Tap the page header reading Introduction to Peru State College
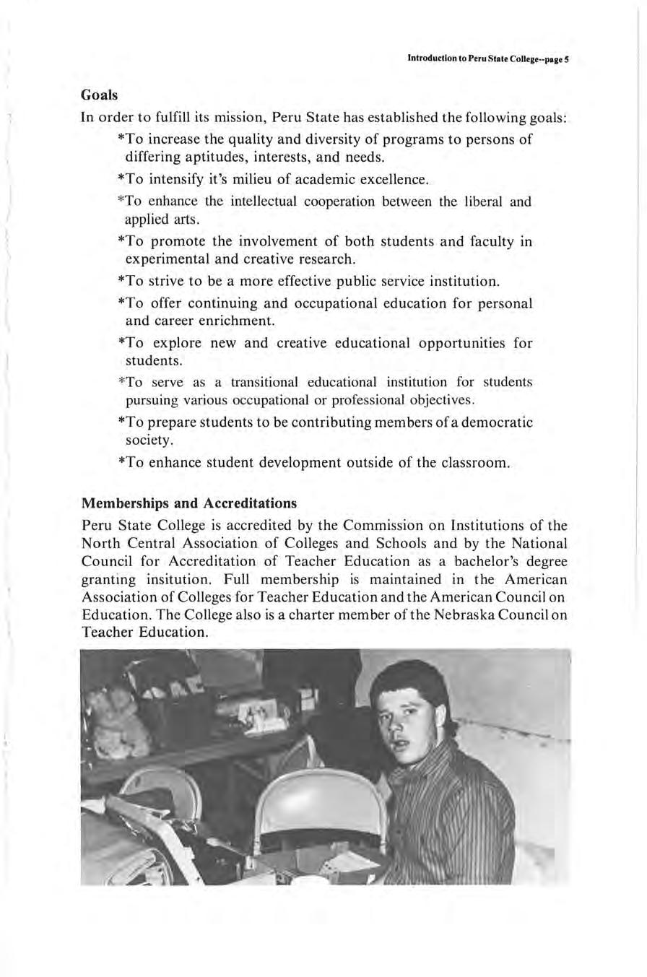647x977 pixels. (x=489, y=60)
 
